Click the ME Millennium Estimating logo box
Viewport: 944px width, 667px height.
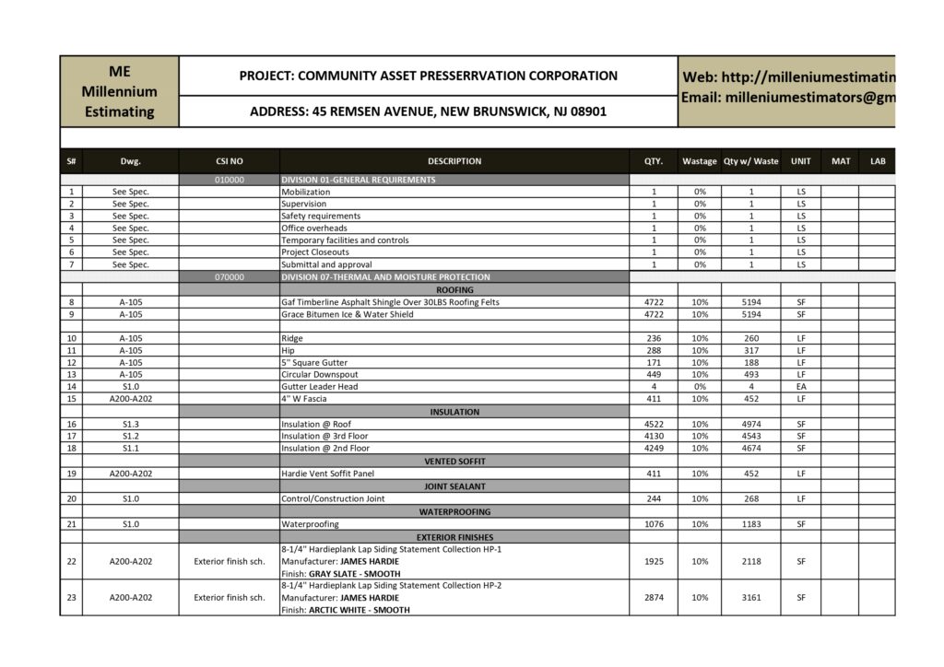(119, 91)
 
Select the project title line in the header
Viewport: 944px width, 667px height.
(428, 76)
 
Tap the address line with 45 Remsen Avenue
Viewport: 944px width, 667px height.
(428, 111)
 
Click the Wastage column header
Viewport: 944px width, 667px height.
(700, 161)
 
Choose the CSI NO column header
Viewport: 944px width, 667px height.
(229, 161)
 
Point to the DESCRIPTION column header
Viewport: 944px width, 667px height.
(454, 161)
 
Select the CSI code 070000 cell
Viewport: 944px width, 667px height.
(229, 276)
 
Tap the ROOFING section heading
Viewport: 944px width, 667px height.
(454, 289)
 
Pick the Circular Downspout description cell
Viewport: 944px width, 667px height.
(320, 374)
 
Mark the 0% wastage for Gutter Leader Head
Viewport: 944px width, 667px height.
(700, 387)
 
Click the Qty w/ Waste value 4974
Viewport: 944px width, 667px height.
(750, 424)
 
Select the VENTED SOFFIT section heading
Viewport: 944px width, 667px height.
(454, 461)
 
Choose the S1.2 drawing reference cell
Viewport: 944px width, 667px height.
(130, 436)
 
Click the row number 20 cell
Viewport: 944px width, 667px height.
(71, 498)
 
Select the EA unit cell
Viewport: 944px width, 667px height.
(800, 387)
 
